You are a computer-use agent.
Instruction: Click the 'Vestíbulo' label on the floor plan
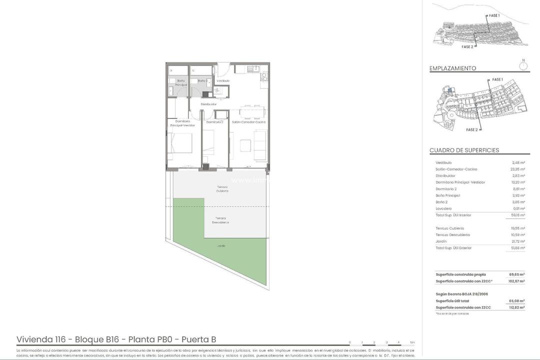coord(223,80)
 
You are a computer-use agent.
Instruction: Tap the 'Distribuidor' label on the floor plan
coord(208,104)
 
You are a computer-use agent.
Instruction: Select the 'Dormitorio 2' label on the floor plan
coord(214,122)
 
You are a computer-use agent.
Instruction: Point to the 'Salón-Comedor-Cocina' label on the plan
coord(248,122)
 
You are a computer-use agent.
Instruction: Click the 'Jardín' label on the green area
coord(220,246)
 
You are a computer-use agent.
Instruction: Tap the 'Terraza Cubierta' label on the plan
coord(222,189)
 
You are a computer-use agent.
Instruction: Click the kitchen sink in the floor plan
coord(254,69)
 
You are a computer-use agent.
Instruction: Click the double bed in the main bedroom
coord(180,143)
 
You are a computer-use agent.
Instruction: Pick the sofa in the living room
coord(260,145)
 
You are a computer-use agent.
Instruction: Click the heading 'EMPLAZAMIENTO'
coord(452,68)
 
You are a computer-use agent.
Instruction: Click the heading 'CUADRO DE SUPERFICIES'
coord(464,150)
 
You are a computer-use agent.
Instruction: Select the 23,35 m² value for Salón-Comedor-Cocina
coord(517,169)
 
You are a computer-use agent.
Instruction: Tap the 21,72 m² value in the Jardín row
coord(517,241)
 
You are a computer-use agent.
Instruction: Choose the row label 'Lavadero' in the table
coord(443,208)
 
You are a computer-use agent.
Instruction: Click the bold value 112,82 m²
coord(516,307)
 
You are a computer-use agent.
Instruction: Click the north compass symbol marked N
coord(523,64)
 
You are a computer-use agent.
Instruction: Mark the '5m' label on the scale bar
coord(412,342)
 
